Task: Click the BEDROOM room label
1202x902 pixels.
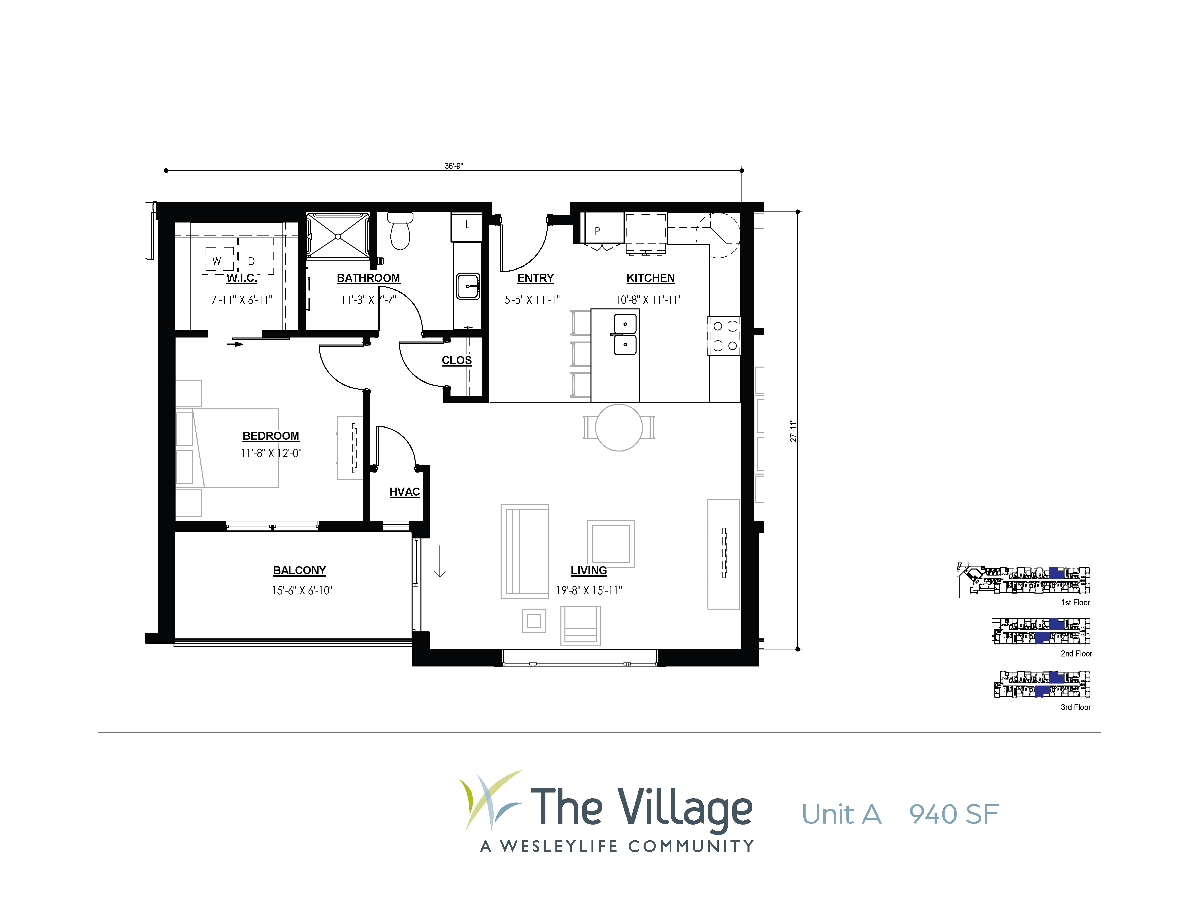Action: (x=271, y=436)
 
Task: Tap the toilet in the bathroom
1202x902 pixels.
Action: (x=400, y=231)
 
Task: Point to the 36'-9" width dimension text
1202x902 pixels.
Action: (x=454, y=166)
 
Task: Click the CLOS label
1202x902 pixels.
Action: (x=457, y=361)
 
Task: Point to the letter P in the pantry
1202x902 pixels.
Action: (x=597, y=231)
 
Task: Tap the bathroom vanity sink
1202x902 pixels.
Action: (x=468, y=286)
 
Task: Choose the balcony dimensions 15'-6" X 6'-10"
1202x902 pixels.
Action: (x=302, y=591)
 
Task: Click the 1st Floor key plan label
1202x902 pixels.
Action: (x=1075, y=602)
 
